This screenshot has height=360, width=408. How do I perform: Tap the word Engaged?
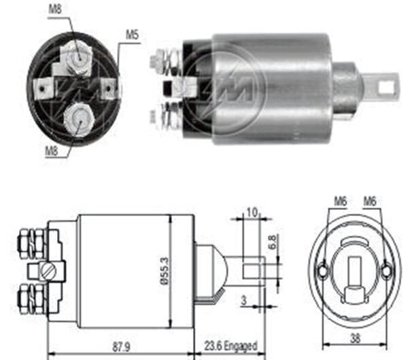[242, 346]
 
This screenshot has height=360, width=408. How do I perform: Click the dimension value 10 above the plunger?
[252, 213]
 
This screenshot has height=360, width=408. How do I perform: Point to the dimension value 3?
[242, 299]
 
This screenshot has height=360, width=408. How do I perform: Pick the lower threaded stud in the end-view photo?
[77, 119]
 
